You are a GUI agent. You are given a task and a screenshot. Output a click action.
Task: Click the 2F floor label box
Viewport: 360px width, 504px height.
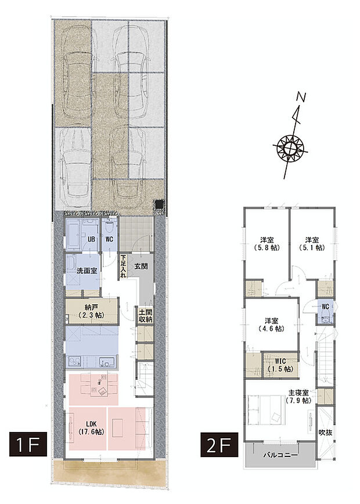pos(219,445)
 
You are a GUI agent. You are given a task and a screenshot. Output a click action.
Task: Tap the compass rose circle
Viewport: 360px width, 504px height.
pos(290,148)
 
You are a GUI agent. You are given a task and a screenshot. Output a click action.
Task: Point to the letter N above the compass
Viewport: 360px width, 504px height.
pos(301,98)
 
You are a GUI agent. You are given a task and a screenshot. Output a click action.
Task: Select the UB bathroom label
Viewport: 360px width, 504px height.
pos(91,239)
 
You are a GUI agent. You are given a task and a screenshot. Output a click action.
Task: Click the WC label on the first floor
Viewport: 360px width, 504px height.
pos(110,239)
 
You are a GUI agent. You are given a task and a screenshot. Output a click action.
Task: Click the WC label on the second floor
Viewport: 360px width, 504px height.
pos(325,307)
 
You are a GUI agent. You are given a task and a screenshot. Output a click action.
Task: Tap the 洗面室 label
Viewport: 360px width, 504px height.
pos(87,271)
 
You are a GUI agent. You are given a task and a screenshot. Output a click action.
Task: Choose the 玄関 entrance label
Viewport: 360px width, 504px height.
pos(141,267)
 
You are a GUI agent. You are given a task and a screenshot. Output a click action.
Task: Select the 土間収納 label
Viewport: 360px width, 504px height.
pos(146,316)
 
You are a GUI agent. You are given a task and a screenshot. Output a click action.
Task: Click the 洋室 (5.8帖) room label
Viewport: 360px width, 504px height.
pos(267,244)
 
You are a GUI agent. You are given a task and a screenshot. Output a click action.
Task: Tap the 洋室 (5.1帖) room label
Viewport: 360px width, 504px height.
pos(312,244)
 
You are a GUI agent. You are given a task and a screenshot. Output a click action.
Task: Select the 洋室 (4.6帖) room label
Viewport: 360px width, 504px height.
pos(272,325)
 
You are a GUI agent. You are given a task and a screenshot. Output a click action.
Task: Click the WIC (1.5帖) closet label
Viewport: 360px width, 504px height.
pos(280,365)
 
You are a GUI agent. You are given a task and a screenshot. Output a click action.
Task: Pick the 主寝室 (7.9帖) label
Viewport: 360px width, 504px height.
pos(298,397)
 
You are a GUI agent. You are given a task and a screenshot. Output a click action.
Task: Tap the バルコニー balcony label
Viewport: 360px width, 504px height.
pos(280,455)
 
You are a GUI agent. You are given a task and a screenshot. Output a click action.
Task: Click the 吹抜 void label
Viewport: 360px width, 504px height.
pos(325,433)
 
